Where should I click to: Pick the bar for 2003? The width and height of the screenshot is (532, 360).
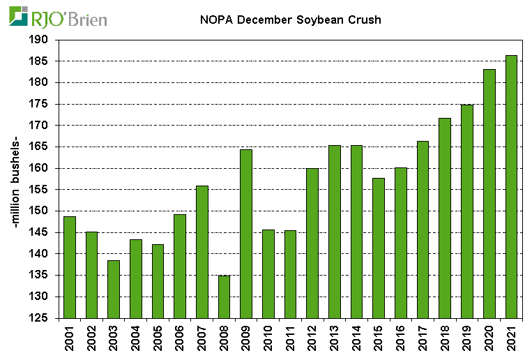point(114,289)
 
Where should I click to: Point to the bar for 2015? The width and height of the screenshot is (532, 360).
point(379,248)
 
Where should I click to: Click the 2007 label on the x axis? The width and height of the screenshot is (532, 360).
point(202,340)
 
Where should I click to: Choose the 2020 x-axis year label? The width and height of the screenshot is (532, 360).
point(489,340)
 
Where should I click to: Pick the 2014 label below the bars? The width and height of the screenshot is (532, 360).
point(357,340)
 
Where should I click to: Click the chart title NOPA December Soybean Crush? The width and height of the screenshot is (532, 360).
point(286,20)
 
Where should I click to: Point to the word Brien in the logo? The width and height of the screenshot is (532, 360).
point(89,17)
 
